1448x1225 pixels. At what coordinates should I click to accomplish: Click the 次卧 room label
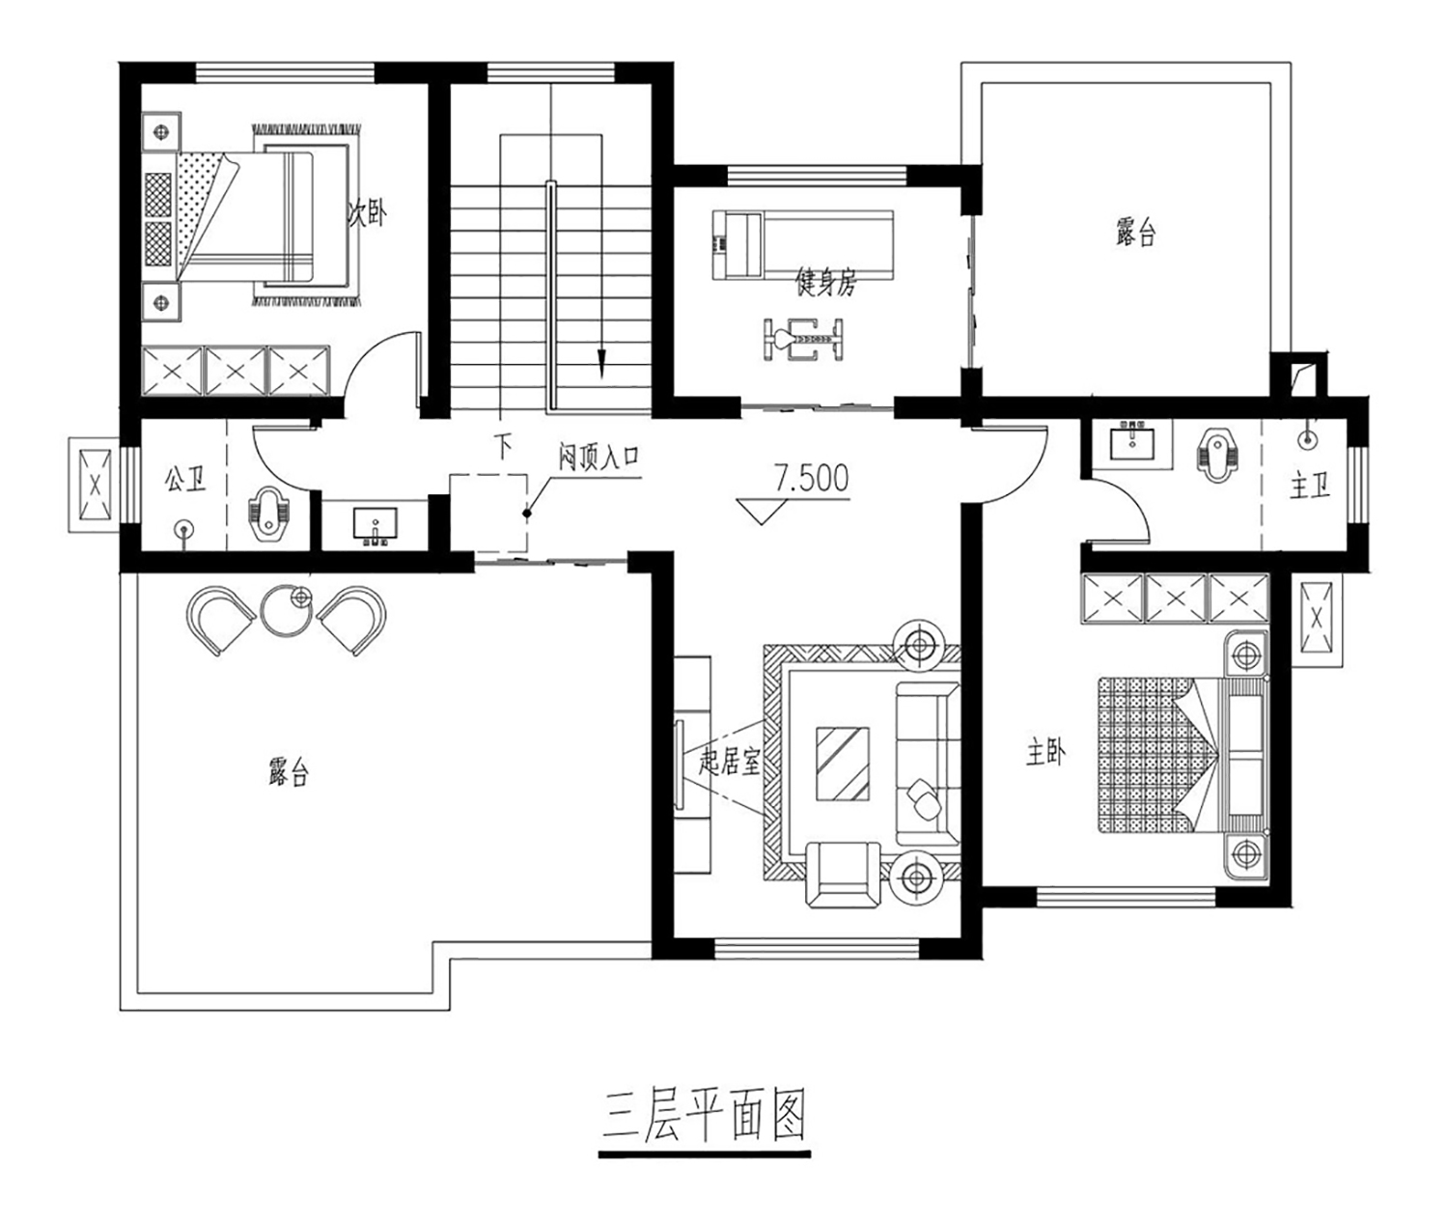coord(367,214)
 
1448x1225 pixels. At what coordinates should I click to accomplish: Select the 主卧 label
coord(1045,754)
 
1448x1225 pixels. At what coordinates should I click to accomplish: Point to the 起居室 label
coord(729,762)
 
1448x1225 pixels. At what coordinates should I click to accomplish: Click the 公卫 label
coord(185,479)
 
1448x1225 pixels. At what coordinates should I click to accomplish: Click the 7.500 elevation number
coord(811,478)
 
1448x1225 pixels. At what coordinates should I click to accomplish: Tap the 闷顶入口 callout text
coord(599,458)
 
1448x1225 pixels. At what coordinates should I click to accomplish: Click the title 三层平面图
coord(704,1117)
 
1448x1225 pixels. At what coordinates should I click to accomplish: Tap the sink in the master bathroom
coord(1132,442)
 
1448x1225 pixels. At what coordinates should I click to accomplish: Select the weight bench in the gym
coord(803,340)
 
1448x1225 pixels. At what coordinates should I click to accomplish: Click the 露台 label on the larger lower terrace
coord(289,772)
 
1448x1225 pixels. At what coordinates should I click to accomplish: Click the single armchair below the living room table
coord(844,877)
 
